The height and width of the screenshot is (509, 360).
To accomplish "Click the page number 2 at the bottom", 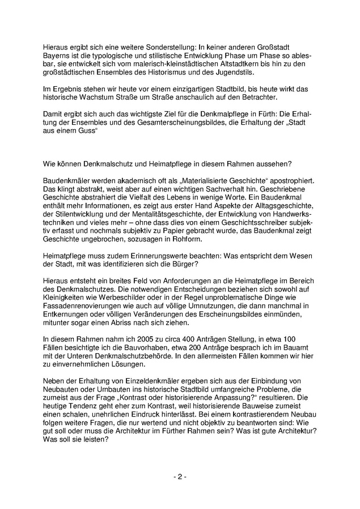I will coord(179,477).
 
